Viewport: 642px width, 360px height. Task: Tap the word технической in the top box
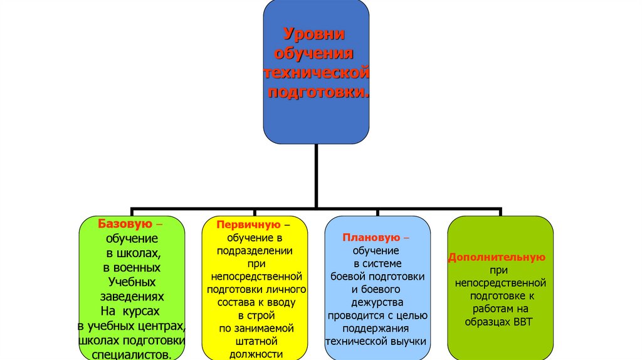click(315, 73)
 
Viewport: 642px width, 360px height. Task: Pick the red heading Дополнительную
click(496, 257)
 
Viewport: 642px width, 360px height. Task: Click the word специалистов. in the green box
click(132, 354)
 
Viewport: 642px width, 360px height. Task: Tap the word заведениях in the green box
click(132, 296)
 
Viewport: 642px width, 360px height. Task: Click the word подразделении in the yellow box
click(254, 250)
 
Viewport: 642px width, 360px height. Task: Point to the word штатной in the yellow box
click(254, 341)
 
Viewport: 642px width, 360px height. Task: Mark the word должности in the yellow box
click(254, 354)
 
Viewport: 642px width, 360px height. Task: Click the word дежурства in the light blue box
click(377, 302)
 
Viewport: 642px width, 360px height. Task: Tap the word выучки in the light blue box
click(406, 341)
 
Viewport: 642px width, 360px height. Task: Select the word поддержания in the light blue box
click(377, 328)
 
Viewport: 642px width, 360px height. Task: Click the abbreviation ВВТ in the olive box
click(525, 321)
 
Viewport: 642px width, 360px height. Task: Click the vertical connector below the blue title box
click(316, 176)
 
